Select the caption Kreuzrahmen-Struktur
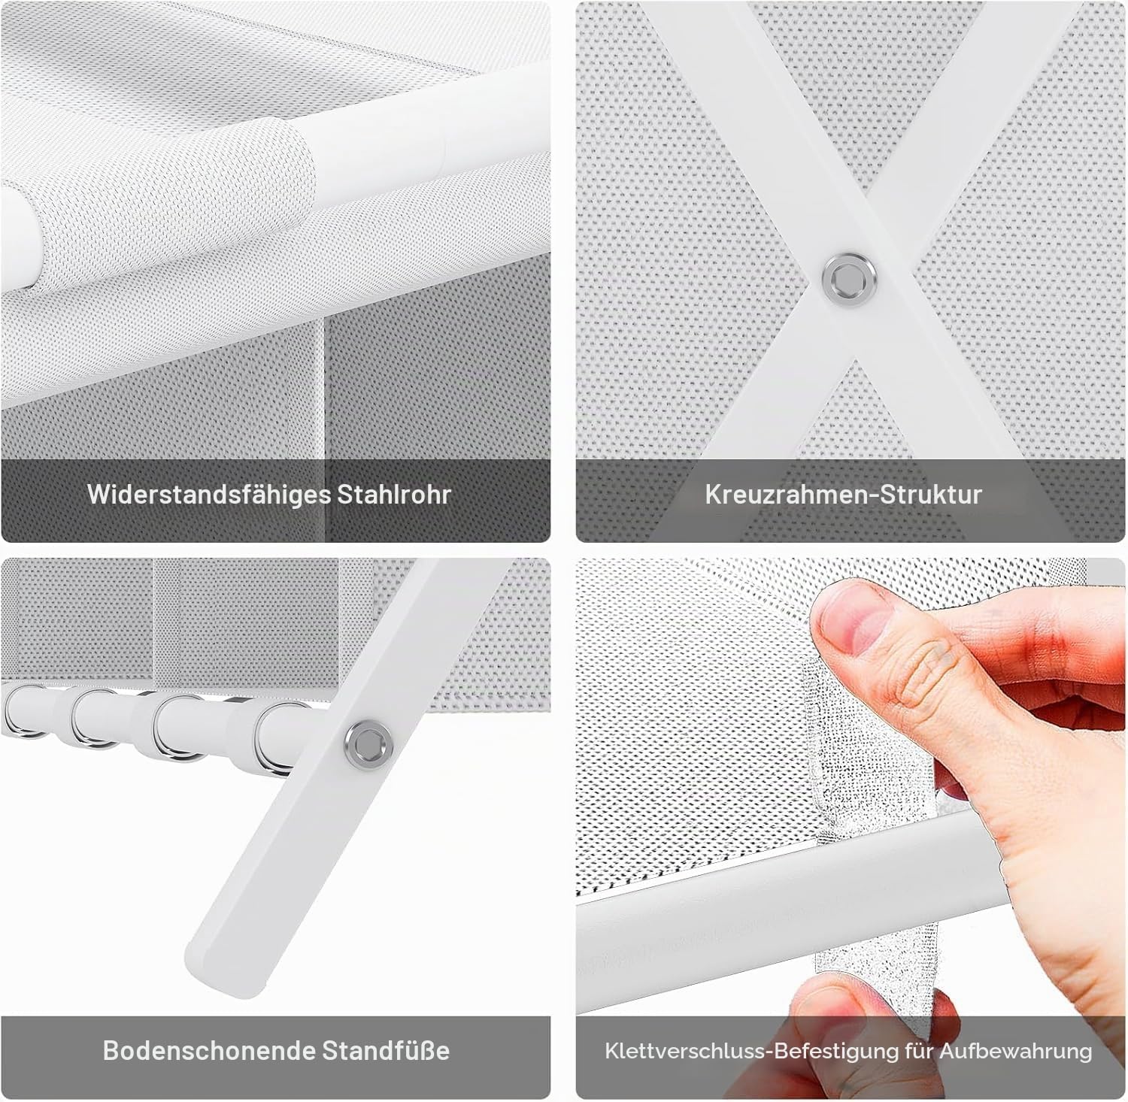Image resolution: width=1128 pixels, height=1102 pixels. pos(844,495)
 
